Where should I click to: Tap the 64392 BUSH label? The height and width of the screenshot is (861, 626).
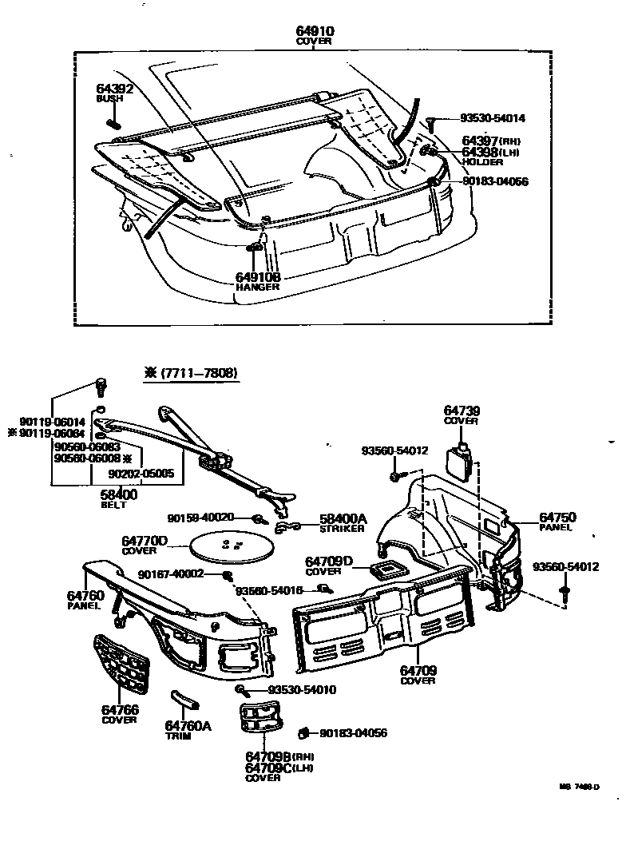(x=115, y=93)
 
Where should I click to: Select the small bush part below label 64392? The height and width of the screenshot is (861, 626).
(x=113, y=122)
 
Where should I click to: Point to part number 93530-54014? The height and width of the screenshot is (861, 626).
(x=493, y=118)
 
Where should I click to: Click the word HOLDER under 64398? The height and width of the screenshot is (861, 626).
(x=482, y=162)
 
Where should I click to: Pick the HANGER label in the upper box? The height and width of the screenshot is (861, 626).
(x=257, y=287)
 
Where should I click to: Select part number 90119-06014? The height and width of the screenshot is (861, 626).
(x=51, y=421)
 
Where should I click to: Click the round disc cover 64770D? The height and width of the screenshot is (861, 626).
(x=232, y=547)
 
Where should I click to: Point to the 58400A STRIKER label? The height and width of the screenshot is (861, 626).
(x=343, y=522)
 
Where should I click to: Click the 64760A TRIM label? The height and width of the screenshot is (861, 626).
(x=188, y=730)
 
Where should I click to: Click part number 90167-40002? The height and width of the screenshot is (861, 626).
(x=171, y=573)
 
